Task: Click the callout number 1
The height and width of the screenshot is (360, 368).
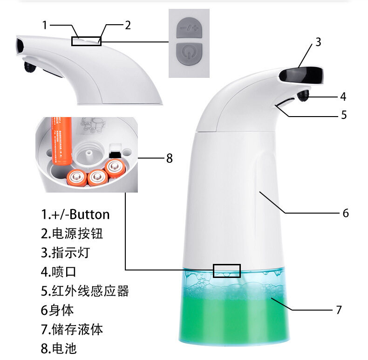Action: point(45,25)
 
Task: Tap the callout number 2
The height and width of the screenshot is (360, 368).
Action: point(128,25)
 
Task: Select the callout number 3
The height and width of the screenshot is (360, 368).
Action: point(318,42)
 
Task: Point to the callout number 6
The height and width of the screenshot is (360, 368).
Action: point(346,213)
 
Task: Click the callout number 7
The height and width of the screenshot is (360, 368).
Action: point(339,310)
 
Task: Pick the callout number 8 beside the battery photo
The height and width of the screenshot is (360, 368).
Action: point(170,158)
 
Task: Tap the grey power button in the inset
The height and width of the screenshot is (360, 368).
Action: point(189,54)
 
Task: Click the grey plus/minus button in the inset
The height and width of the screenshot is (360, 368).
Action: point(189,28)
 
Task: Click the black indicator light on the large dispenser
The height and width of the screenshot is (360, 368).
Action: point(301,75)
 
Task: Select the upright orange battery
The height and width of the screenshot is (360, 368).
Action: point(61,140)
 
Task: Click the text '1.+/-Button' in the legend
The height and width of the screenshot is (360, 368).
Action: point(75,215)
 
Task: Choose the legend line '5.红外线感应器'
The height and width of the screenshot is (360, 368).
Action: point(85,291)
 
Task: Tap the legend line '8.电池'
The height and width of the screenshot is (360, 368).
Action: point(59,348)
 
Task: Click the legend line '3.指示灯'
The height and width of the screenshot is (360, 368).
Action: point(66,253)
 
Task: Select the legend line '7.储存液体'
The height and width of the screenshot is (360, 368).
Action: point(72,329)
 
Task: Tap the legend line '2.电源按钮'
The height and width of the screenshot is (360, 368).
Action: point(72,234)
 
